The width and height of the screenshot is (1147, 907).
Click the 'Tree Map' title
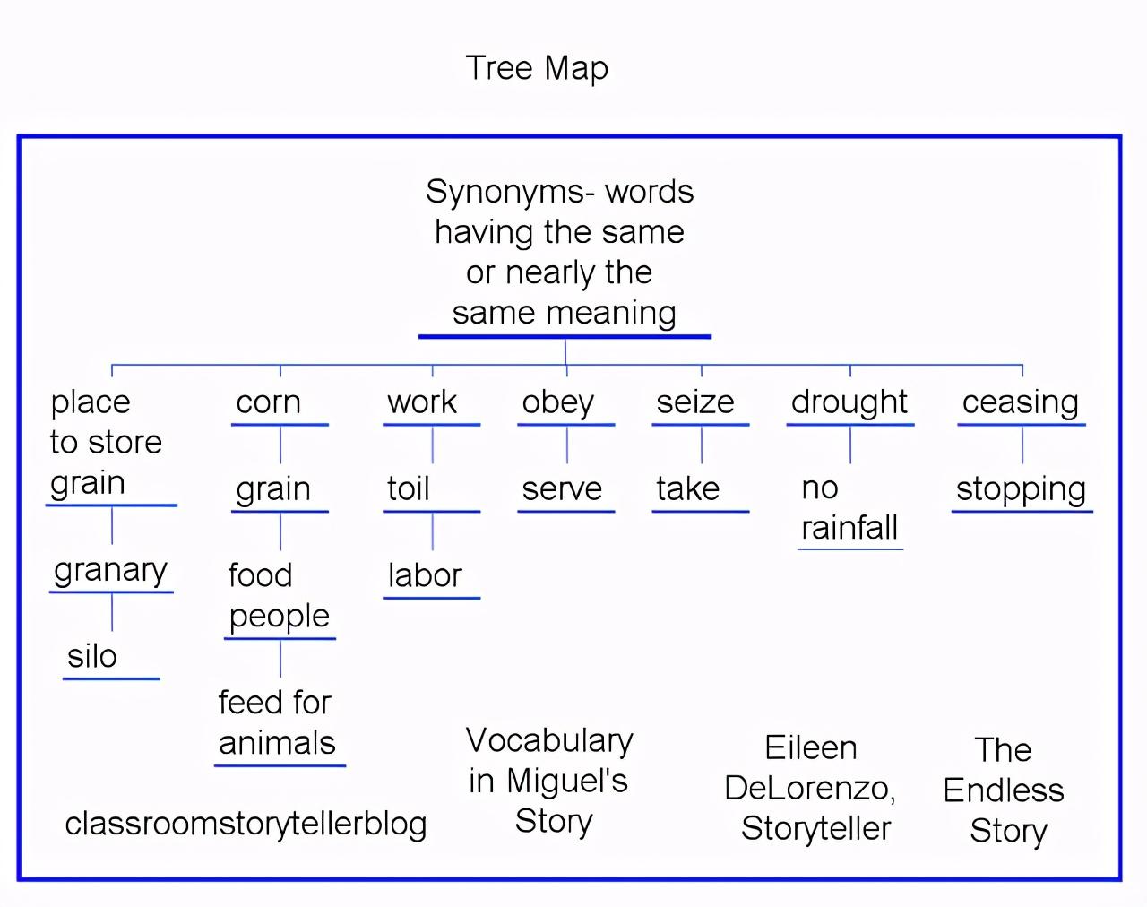(x=537, y=68)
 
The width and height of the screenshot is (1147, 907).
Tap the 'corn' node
(x=268, y=402)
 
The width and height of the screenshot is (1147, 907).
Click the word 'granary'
(x=110, y=571)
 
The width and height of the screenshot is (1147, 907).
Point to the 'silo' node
(x=92, y=656)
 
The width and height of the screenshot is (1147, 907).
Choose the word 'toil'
(x=409, y=488)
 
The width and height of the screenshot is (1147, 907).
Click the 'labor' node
(x=424, y=575)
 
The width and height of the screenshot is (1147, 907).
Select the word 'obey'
(x=557, y=402)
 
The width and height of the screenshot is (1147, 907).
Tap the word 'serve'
(x=562, y=488)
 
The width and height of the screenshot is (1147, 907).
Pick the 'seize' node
(x=694, y=402)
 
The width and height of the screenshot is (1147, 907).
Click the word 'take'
(x=687, y=488)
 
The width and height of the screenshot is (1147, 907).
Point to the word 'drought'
(x=849, y=402)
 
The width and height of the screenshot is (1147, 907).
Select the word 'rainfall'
(x=849, y=528)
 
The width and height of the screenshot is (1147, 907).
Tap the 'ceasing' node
(x=1020, y=402)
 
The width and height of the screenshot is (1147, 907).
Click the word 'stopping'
(x=1021, y=489)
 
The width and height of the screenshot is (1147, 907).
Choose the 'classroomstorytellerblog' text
(x=246, y=824)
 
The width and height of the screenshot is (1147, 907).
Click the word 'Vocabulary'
(x=549, y=740)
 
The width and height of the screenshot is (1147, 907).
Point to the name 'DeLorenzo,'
(x=809, y=788)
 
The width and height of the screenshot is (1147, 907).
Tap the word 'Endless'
(x=1004, y=790)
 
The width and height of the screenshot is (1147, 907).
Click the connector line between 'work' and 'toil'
(x=433, y=445)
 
